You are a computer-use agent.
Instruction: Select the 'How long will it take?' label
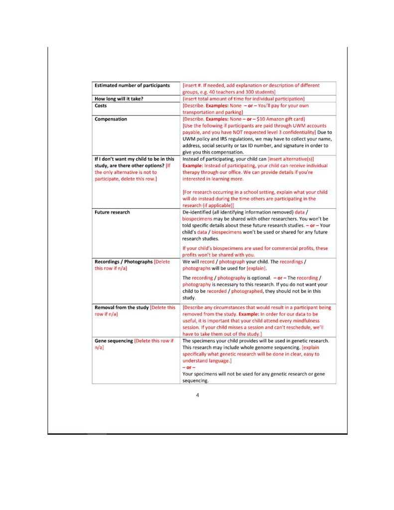coord(119,99)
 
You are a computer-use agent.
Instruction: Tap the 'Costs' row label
coord(101,106)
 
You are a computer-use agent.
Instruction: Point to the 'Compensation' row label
coord(111,119)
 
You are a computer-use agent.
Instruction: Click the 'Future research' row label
coord(112,212)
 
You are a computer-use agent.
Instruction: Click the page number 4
coord(197,395)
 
